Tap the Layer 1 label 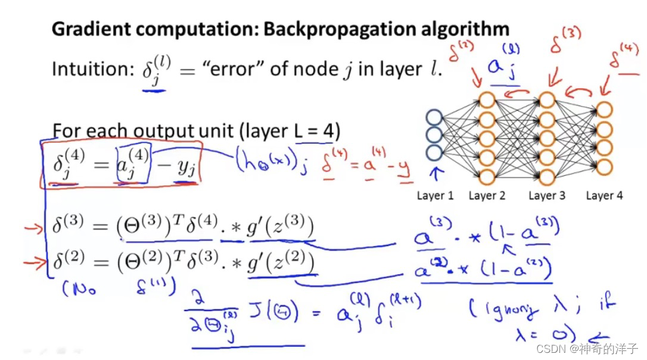[435, 195]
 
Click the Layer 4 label [604, 195]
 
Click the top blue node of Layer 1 [434, 116]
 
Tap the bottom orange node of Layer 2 [487, 176]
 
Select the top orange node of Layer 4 [604, 110]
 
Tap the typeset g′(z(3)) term [280, 229]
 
